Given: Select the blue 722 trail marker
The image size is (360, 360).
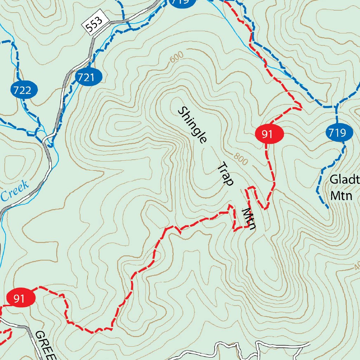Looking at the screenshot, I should (x=26, y=90).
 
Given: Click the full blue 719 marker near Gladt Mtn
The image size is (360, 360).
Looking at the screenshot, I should (x=340, y=133).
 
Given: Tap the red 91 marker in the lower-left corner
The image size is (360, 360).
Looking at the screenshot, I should (x=21, y=298).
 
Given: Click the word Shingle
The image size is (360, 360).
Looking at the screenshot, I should (x=192, y=125).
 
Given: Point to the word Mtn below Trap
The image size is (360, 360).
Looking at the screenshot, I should (x=249, y=219).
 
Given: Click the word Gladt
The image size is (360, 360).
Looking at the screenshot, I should (x=345, y=180).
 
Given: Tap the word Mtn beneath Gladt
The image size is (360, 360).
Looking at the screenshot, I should (x=341, y=195).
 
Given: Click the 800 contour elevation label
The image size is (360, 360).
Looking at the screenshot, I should (x=240, y=159).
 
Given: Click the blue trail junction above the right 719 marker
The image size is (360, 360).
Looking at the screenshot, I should (x=336, y=106).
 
